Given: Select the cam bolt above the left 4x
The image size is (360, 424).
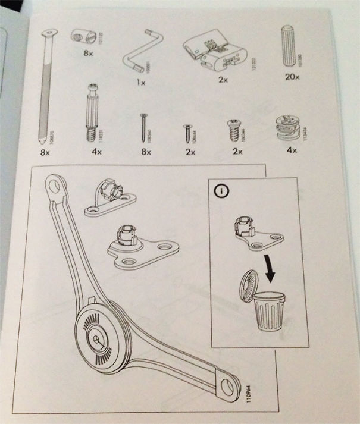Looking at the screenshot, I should click(93, 111).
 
